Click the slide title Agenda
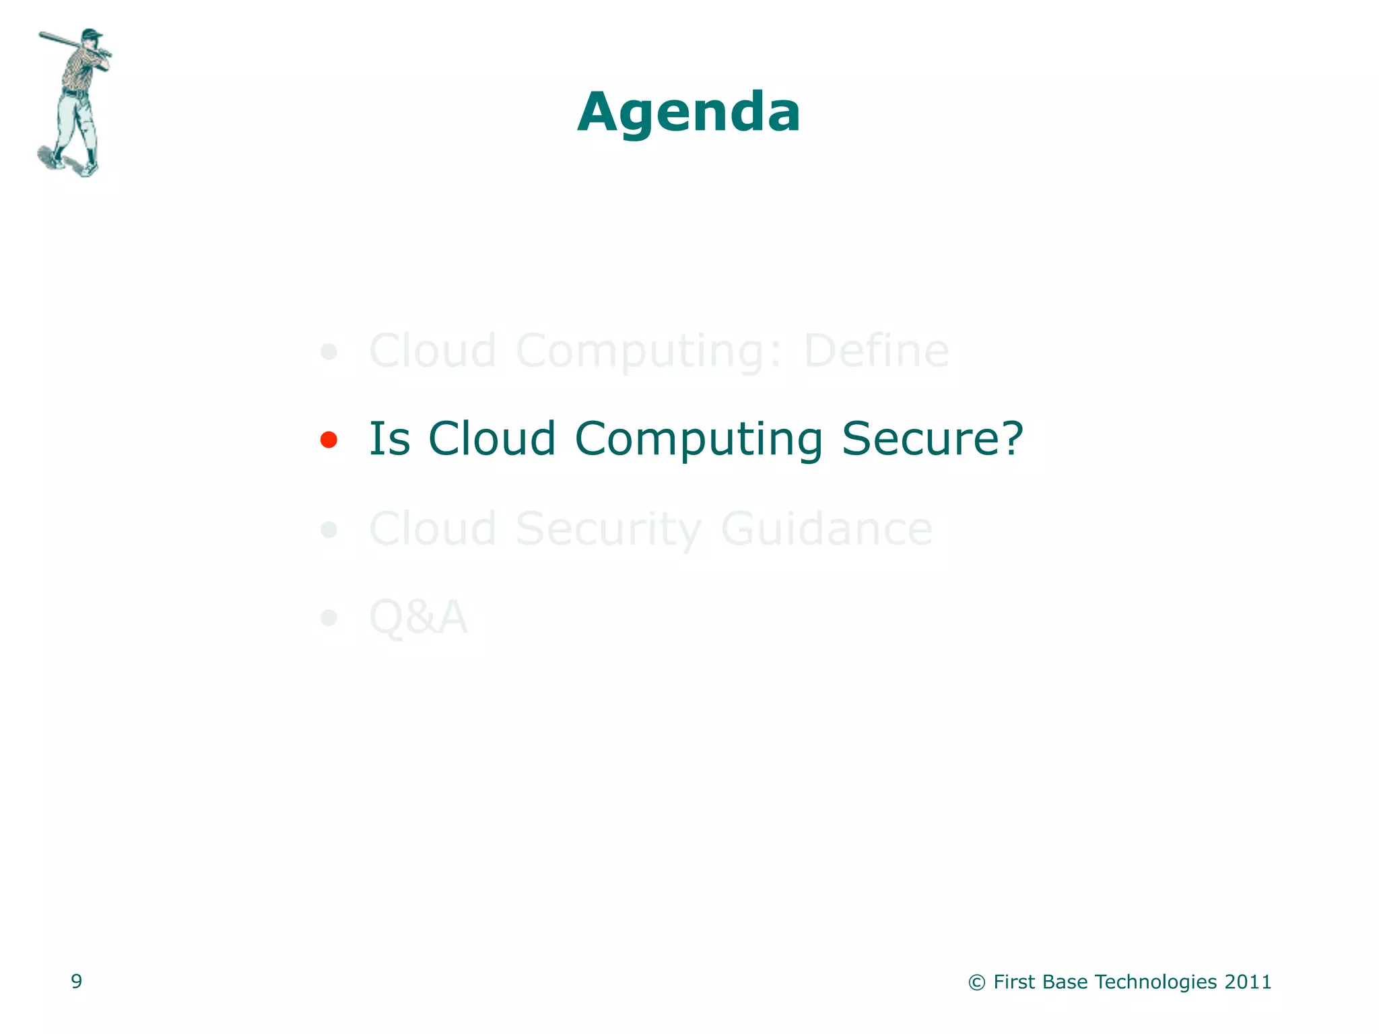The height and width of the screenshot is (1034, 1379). [689, 112]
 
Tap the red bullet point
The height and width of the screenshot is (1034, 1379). [329, 440]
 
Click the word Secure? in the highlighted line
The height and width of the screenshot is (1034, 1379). [932, 439]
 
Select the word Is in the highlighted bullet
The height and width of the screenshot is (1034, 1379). [389, 439]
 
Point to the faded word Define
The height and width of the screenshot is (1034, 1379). [876, 351]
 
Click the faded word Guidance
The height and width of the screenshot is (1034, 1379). [826, 529]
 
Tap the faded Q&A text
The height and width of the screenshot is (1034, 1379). [418, 617]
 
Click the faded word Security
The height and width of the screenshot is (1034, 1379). [609, 529]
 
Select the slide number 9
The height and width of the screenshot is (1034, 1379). [77, 981]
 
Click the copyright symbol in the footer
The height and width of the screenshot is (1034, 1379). [976, 983]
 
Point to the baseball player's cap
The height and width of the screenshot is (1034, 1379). [92, 34]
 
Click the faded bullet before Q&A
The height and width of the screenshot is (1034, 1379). [329, 617]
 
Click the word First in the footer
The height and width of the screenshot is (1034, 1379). [1014, 982]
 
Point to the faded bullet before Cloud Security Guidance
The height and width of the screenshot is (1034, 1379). [329, 529]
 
